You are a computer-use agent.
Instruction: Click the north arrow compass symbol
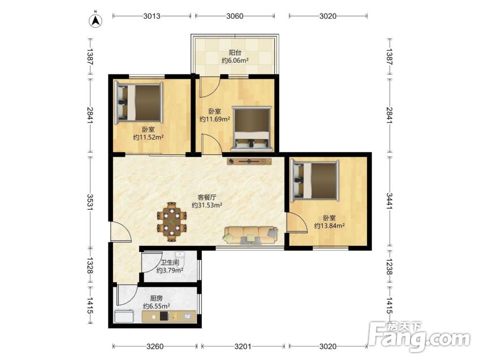point(96,20)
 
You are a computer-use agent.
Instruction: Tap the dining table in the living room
point(172,222)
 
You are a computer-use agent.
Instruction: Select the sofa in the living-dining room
point(250,236)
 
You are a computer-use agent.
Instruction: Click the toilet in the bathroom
point(180,259)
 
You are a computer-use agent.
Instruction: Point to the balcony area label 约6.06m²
point(235,60)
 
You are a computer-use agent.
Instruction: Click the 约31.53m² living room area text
point(206,205)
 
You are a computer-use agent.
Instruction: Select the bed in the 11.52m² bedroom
point(138,102)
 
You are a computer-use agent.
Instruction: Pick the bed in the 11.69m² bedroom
point(252,129)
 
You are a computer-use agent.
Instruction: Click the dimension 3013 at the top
point(152,16)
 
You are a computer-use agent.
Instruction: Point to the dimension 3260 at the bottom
point(155,346)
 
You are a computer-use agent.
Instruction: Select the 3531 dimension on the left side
point(90,202)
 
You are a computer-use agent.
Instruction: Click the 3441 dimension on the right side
point(390,201)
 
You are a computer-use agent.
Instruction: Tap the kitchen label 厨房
point(156,298)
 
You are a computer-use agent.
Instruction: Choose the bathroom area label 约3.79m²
point(170,270)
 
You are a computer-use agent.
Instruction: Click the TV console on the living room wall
point(249,161)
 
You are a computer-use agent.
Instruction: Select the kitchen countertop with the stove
point(168,316)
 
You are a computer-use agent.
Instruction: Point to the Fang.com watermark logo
point(419,337)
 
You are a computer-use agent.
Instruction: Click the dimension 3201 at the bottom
point(243,346)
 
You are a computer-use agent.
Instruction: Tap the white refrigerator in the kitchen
point(124,316)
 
